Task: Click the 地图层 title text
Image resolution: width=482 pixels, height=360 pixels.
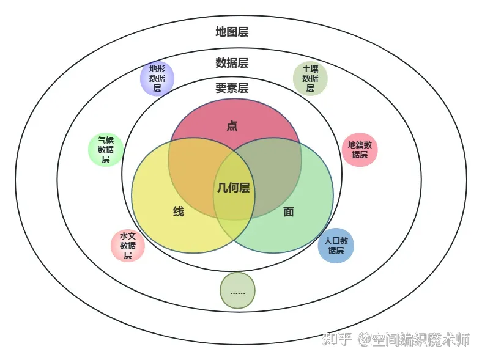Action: [232, 32]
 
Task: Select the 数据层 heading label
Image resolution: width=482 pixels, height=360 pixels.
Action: [232, 63]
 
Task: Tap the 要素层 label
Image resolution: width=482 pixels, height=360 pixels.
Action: [232, 88]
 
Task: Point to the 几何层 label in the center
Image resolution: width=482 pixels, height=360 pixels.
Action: [234, 188]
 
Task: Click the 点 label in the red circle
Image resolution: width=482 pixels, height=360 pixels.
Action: [232, 126]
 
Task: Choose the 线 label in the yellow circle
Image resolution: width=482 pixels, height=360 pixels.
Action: [179, 211]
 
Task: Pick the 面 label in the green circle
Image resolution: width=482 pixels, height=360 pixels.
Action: [289, 211]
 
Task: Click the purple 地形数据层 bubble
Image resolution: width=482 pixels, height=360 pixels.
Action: [157, 79]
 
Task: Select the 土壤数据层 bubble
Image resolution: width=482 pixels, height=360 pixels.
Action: [310, 79]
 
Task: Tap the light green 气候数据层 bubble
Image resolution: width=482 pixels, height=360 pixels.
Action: [106, 150]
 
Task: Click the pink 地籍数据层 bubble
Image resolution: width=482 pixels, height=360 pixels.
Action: [360, 150]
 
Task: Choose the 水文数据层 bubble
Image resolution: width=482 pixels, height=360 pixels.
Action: [127, 246]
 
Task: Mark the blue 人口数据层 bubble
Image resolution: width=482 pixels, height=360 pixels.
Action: [336, 246]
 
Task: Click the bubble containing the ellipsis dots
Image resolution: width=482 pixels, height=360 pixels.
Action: [237, 291]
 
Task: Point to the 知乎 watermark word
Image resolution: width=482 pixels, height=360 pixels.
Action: [337, 339]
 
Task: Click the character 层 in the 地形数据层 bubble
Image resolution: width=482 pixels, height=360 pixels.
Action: [157, 88]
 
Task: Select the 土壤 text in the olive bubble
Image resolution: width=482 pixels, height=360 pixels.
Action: [310, 69]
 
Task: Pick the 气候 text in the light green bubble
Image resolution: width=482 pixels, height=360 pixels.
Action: [106, 140]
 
